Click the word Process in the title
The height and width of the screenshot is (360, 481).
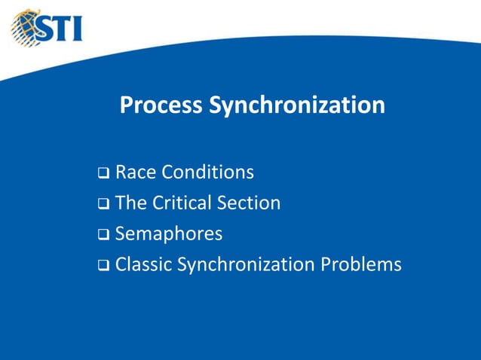[161, 105]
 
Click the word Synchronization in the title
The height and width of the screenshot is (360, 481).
[297, 105]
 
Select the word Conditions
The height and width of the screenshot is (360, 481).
[208, 173]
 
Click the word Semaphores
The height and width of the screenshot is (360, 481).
[169, 234]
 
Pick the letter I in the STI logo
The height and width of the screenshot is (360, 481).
[78, 29]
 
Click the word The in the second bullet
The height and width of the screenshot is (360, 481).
[132, 203]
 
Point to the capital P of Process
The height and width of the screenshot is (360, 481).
[127, 105]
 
